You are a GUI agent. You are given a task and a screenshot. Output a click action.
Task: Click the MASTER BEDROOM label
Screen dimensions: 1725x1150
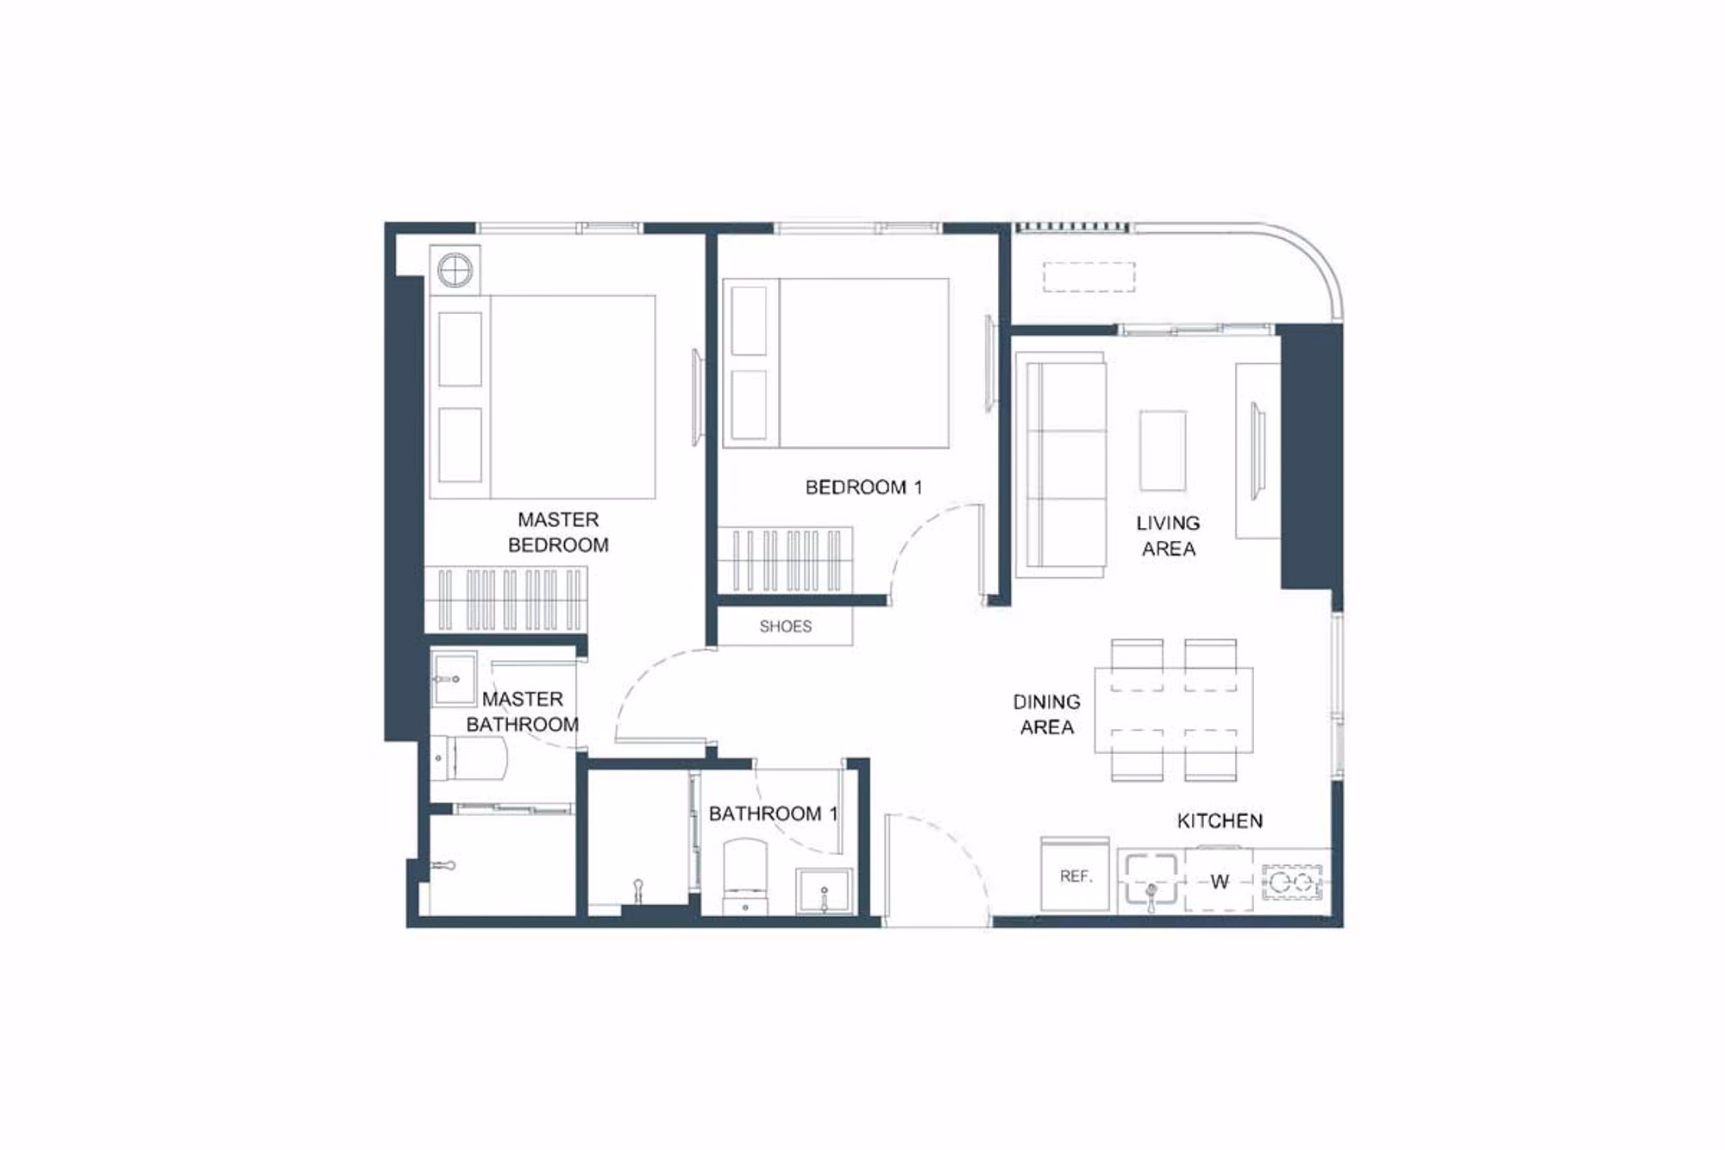[x=558, y=532]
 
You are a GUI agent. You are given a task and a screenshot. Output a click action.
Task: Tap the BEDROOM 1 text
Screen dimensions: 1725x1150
[x=863, y=487]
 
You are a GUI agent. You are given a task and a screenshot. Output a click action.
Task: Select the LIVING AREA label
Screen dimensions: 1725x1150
[x=1168, y=536]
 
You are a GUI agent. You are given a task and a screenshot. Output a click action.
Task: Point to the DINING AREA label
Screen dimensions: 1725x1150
[x=1046, y=714]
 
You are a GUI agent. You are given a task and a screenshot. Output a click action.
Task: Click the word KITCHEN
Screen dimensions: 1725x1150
[x=1220, y=820]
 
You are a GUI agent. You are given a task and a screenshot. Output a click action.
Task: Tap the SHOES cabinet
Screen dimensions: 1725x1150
[x=785, y=626]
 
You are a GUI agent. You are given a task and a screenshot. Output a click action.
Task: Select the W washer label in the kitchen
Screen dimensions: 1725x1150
[x=1219, y=882]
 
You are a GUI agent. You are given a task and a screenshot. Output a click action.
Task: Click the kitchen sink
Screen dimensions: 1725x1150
[x=1151, y=880]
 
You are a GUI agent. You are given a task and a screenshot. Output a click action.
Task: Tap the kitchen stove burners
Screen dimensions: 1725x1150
[x=1292, y=882]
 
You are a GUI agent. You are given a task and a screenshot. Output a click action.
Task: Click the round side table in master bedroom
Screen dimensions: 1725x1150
[x=455, y=271]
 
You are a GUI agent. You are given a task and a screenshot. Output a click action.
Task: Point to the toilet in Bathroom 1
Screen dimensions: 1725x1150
[x=745, y=875]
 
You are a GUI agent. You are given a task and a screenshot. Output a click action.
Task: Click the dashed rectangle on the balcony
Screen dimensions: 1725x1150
[x=1089, y=277]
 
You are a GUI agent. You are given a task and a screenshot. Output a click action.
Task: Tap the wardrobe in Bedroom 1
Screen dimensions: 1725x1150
[x=786, y=560]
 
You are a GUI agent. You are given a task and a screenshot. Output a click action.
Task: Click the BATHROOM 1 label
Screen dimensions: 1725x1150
[x=773, y=814]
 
